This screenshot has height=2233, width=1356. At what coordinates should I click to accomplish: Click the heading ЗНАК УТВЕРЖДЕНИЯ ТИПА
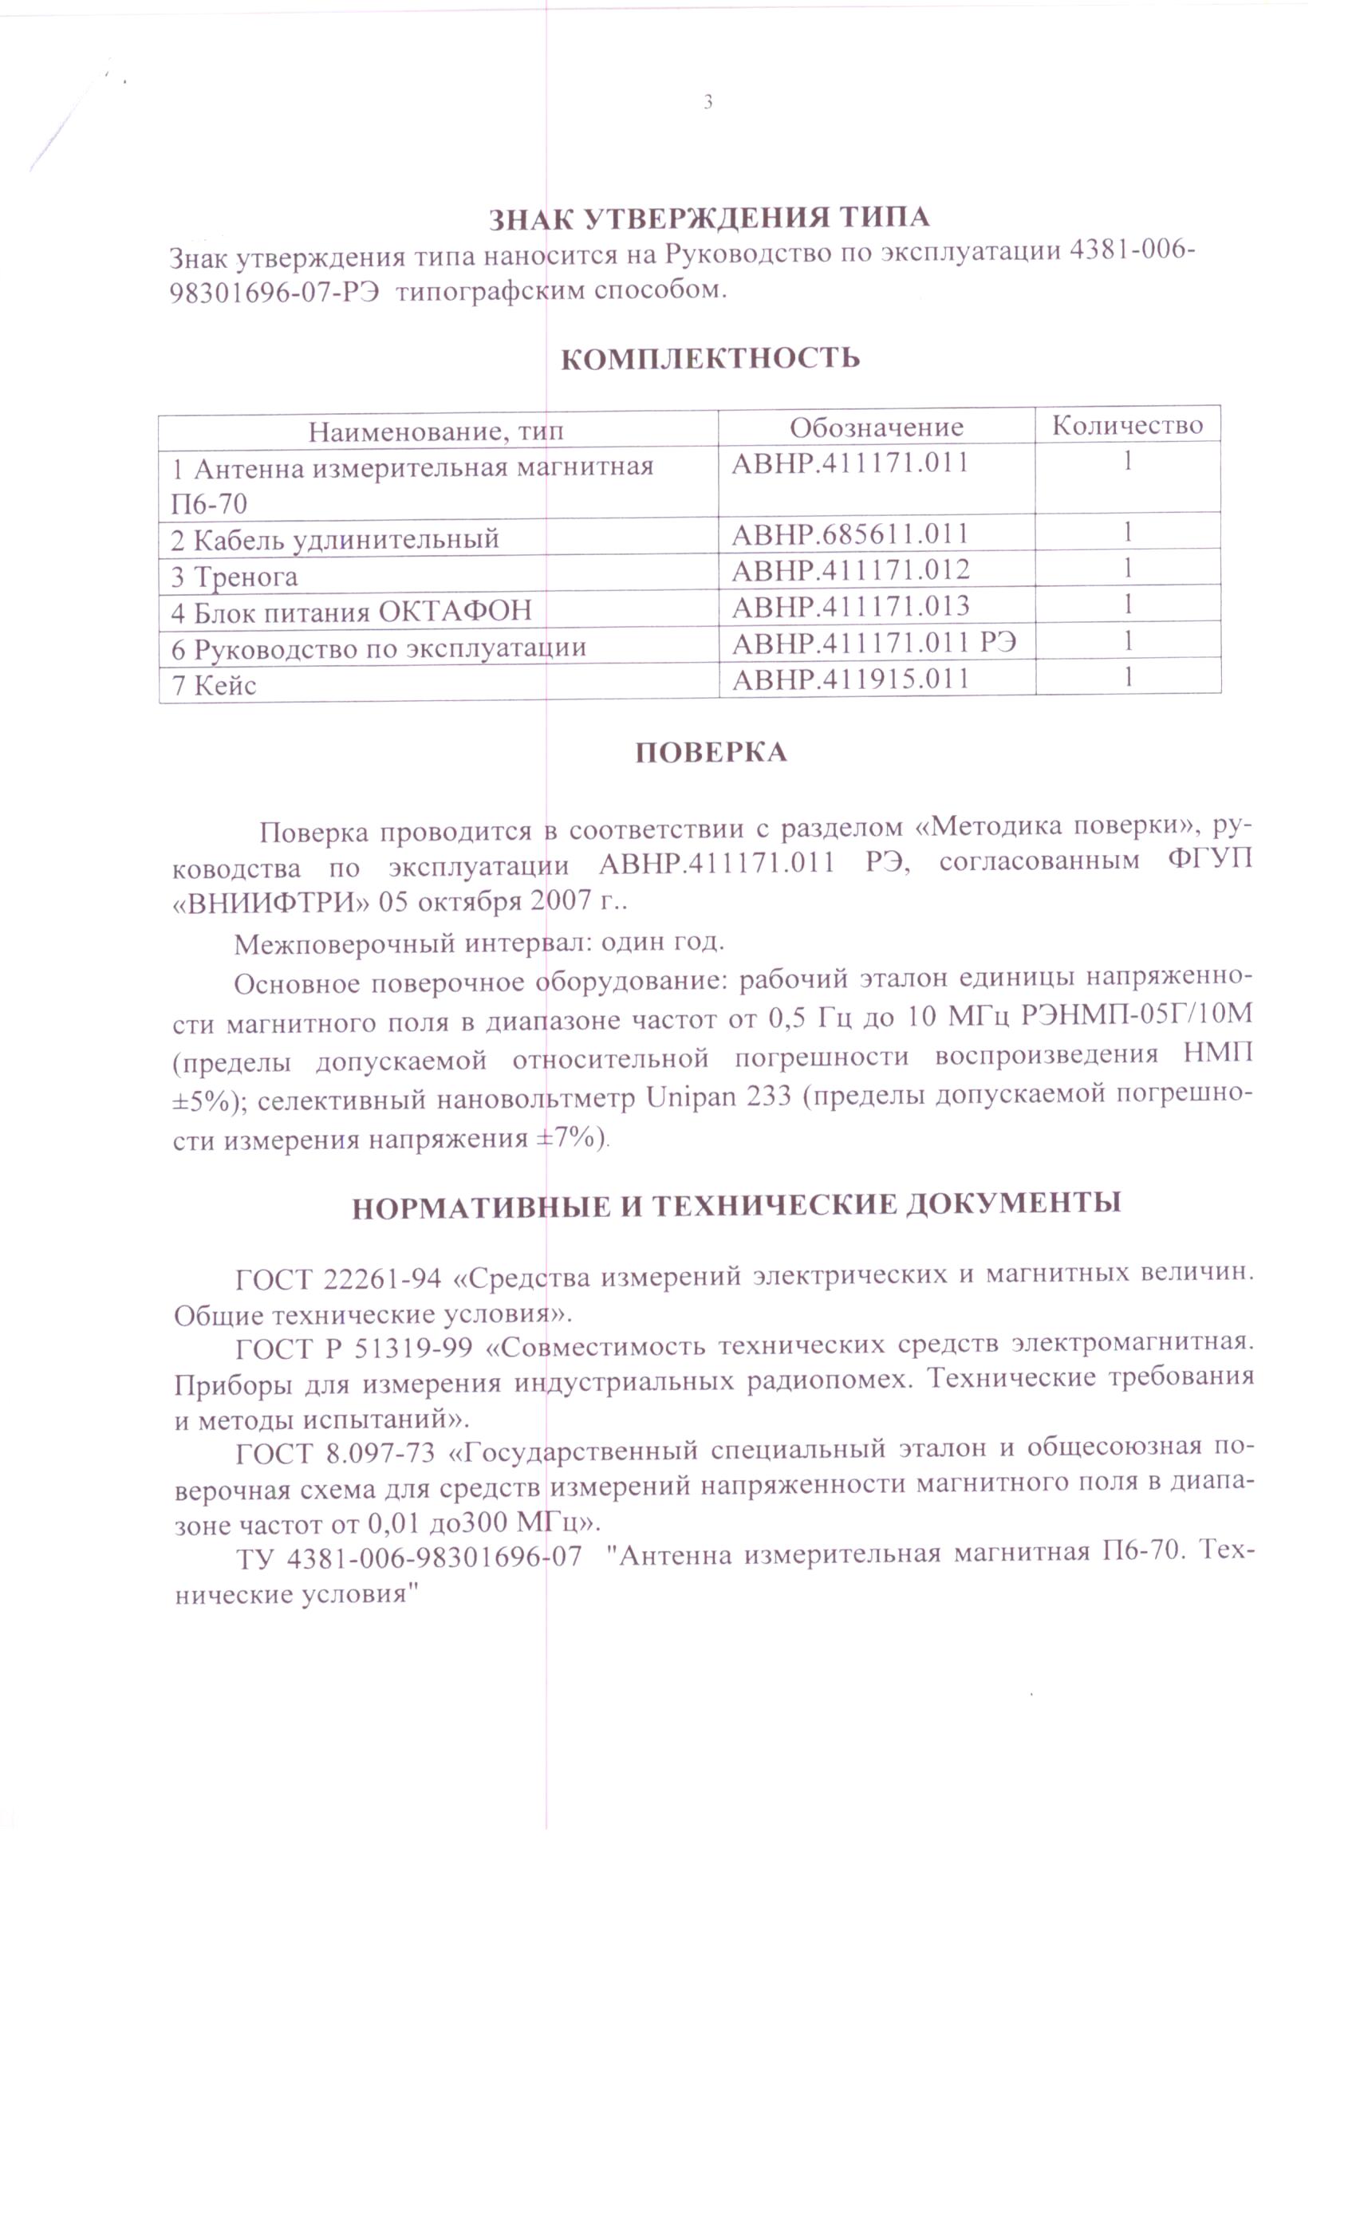(708, 219)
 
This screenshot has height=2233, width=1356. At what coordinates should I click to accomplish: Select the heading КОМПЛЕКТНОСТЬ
(710, 359)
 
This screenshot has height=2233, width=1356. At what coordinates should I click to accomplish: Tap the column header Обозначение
(876, 427)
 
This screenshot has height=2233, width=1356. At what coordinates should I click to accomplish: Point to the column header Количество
(1126, 424)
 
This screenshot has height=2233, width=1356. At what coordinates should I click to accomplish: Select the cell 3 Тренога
(234, 577)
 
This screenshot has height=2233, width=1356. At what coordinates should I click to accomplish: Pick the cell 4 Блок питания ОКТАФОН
(351, 612)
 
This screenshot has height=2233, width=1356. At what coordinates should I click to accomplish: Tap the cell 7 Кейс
(214, 685)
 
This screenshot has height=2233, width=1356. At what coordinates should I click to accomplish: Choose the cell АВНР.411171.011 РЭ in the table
(873, 643)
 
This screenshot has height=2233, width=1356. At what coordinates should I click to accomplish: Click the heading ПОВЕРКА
(710, 753)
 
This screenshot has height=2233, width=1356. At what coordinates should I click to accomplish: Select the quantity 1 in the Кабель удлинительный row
(1126, 531)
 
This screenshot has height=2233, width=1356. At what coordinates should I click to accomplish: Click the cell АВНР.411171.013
(850, 605)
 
